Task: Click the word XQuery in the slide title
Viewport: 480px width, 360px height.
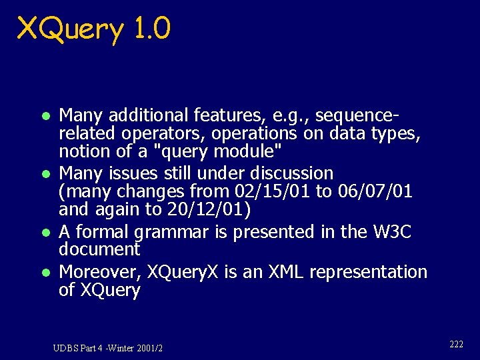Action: tap(70, 29)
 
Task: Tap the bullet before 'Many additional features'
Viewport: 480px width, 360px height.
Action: tap(44, 115)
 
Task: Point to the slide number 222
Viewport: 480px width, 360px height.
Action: tap(456, 344)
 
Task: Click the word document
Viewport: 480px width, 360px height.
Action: tap(99, 249)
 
